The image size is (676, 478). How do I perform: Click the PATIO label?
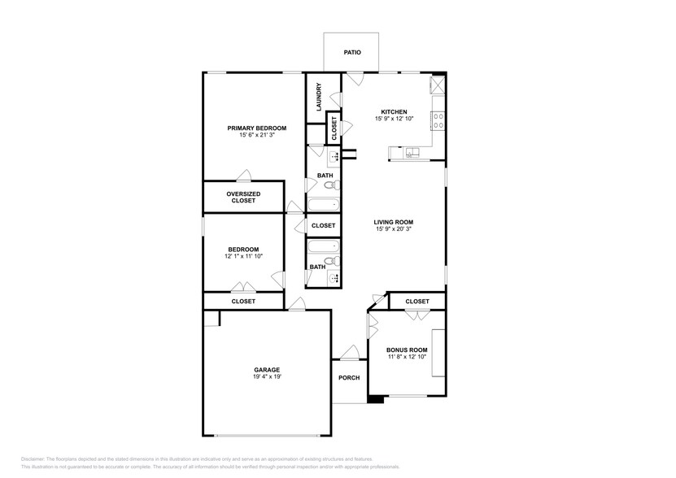351,52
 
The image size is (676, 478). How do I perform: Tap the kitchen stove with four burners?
438,121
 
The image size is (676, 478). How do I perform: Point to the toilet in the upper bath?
329,185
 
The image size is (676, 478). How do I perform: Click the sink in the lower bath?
334,278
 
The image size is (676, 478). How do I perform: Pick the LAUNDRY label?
320,97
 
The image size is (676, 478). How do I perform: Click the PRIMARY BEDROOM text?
256,128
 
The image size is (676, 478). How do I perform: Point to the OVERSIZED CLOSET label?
242,197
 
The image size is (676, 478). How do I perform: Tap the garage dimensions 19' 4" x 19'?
268,377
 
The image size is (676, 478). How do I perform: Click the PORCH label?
349,377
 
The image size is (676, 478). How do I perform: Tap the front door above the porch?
350,353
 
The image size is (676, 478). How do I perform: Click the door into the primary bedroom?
243,176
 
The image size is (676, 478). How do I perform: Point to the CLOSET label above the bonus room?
417,301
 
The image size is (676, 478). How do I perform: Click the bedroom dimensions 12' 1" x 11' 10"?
243,256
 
